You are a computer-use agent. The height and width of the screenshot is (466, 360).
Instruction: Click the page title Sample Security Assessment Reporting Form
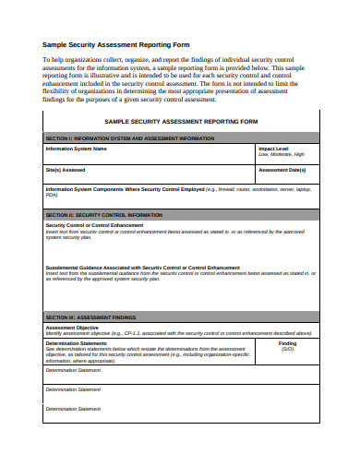116,43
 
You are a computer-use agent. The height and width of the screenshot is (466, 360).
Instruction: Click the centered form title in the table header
180,121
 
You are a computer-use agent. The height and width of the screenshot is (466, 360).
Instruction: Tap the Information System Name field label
77,148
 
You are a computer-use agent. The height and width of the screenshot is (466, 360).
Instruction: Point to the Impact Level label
273,148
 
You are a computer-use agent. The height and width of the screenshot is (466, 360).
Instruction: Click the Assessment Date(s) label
282,170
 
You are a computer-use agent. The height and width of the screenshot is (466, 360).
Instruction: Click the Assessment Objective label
72,327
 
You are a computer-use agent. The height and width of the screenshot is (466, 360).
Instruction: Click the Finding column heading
287,343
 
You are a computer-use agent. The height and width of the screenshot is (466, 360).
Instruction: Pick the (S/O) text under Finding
287,350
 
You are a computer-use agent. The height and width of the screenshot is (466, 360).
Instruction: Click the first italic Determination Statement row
73,369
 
